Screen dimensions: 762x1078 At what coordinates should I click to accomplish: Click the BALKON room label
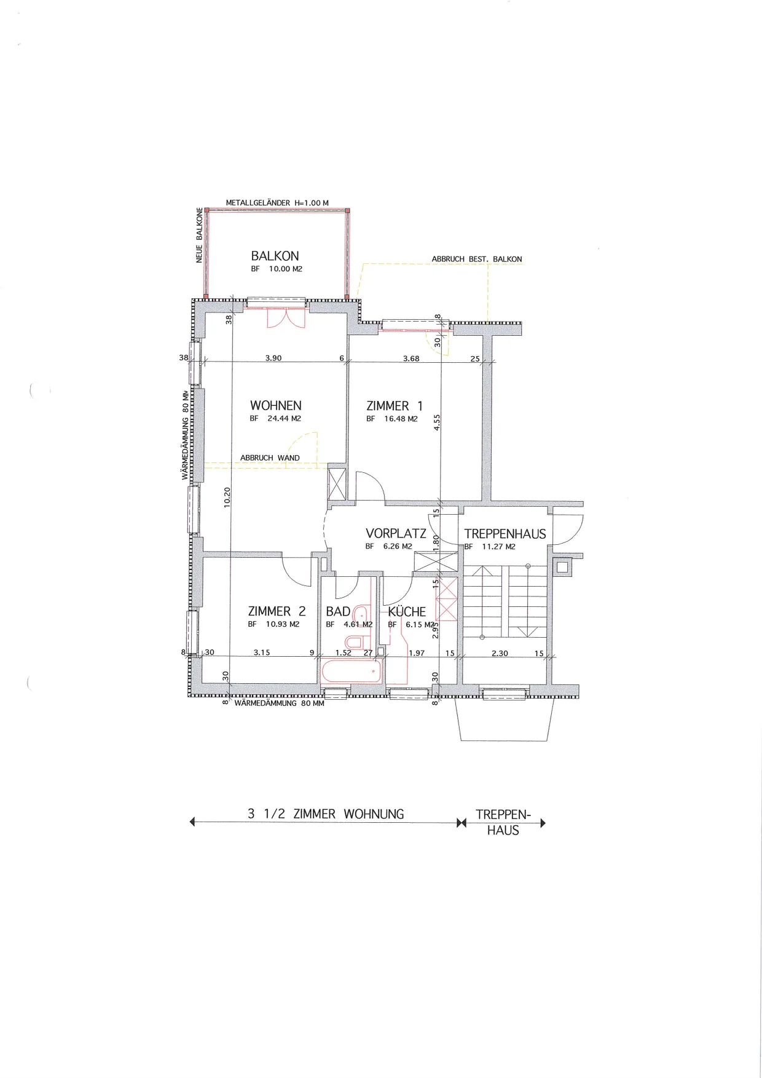275,256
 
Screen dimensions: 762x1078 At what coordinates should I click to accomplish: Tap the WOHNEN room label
276,405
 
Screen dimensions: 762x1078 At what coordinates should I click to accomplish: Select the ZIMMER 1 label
395,406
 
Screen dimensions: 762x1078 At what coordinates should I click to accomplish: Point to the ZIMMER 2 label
277,611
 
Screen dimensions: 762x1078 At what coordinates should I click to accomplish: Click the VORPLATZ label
396,533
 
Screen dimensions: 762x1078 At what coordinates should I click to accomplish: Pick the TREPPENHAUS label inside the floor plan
505,534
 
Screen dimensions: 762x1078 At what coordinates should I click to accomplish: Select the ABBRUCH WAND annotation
270,458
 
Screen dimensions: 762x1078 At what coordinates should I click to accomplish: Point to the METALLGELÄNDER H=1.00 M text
277,203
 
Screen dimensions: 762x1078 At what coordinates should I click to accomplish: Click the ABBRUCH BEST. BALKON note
477,259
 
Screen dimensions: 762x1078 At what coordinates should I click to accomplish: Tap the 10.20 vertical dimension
227,497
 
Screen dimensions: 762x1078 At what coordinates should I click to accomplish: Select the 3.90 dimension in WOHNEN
273,358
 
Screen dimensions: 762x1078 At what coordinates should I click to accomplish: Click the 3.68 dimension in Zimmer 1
411,359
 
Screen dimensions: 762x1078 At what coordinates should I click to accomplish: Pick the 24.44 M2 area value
284,418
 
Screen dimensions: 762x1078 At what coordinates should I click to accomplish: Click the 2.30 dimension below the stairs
500,653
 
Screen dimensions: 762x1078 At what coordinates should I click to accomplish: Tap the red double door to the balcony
286,317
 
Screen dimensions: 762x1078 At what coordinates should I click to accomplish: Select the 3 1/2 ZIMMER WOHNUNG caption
326,814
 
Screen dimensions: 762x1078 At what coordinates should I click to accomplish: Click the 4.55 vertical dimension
437,422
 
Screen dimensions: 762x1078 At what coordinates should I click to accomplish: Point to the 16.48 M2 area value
401,419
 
